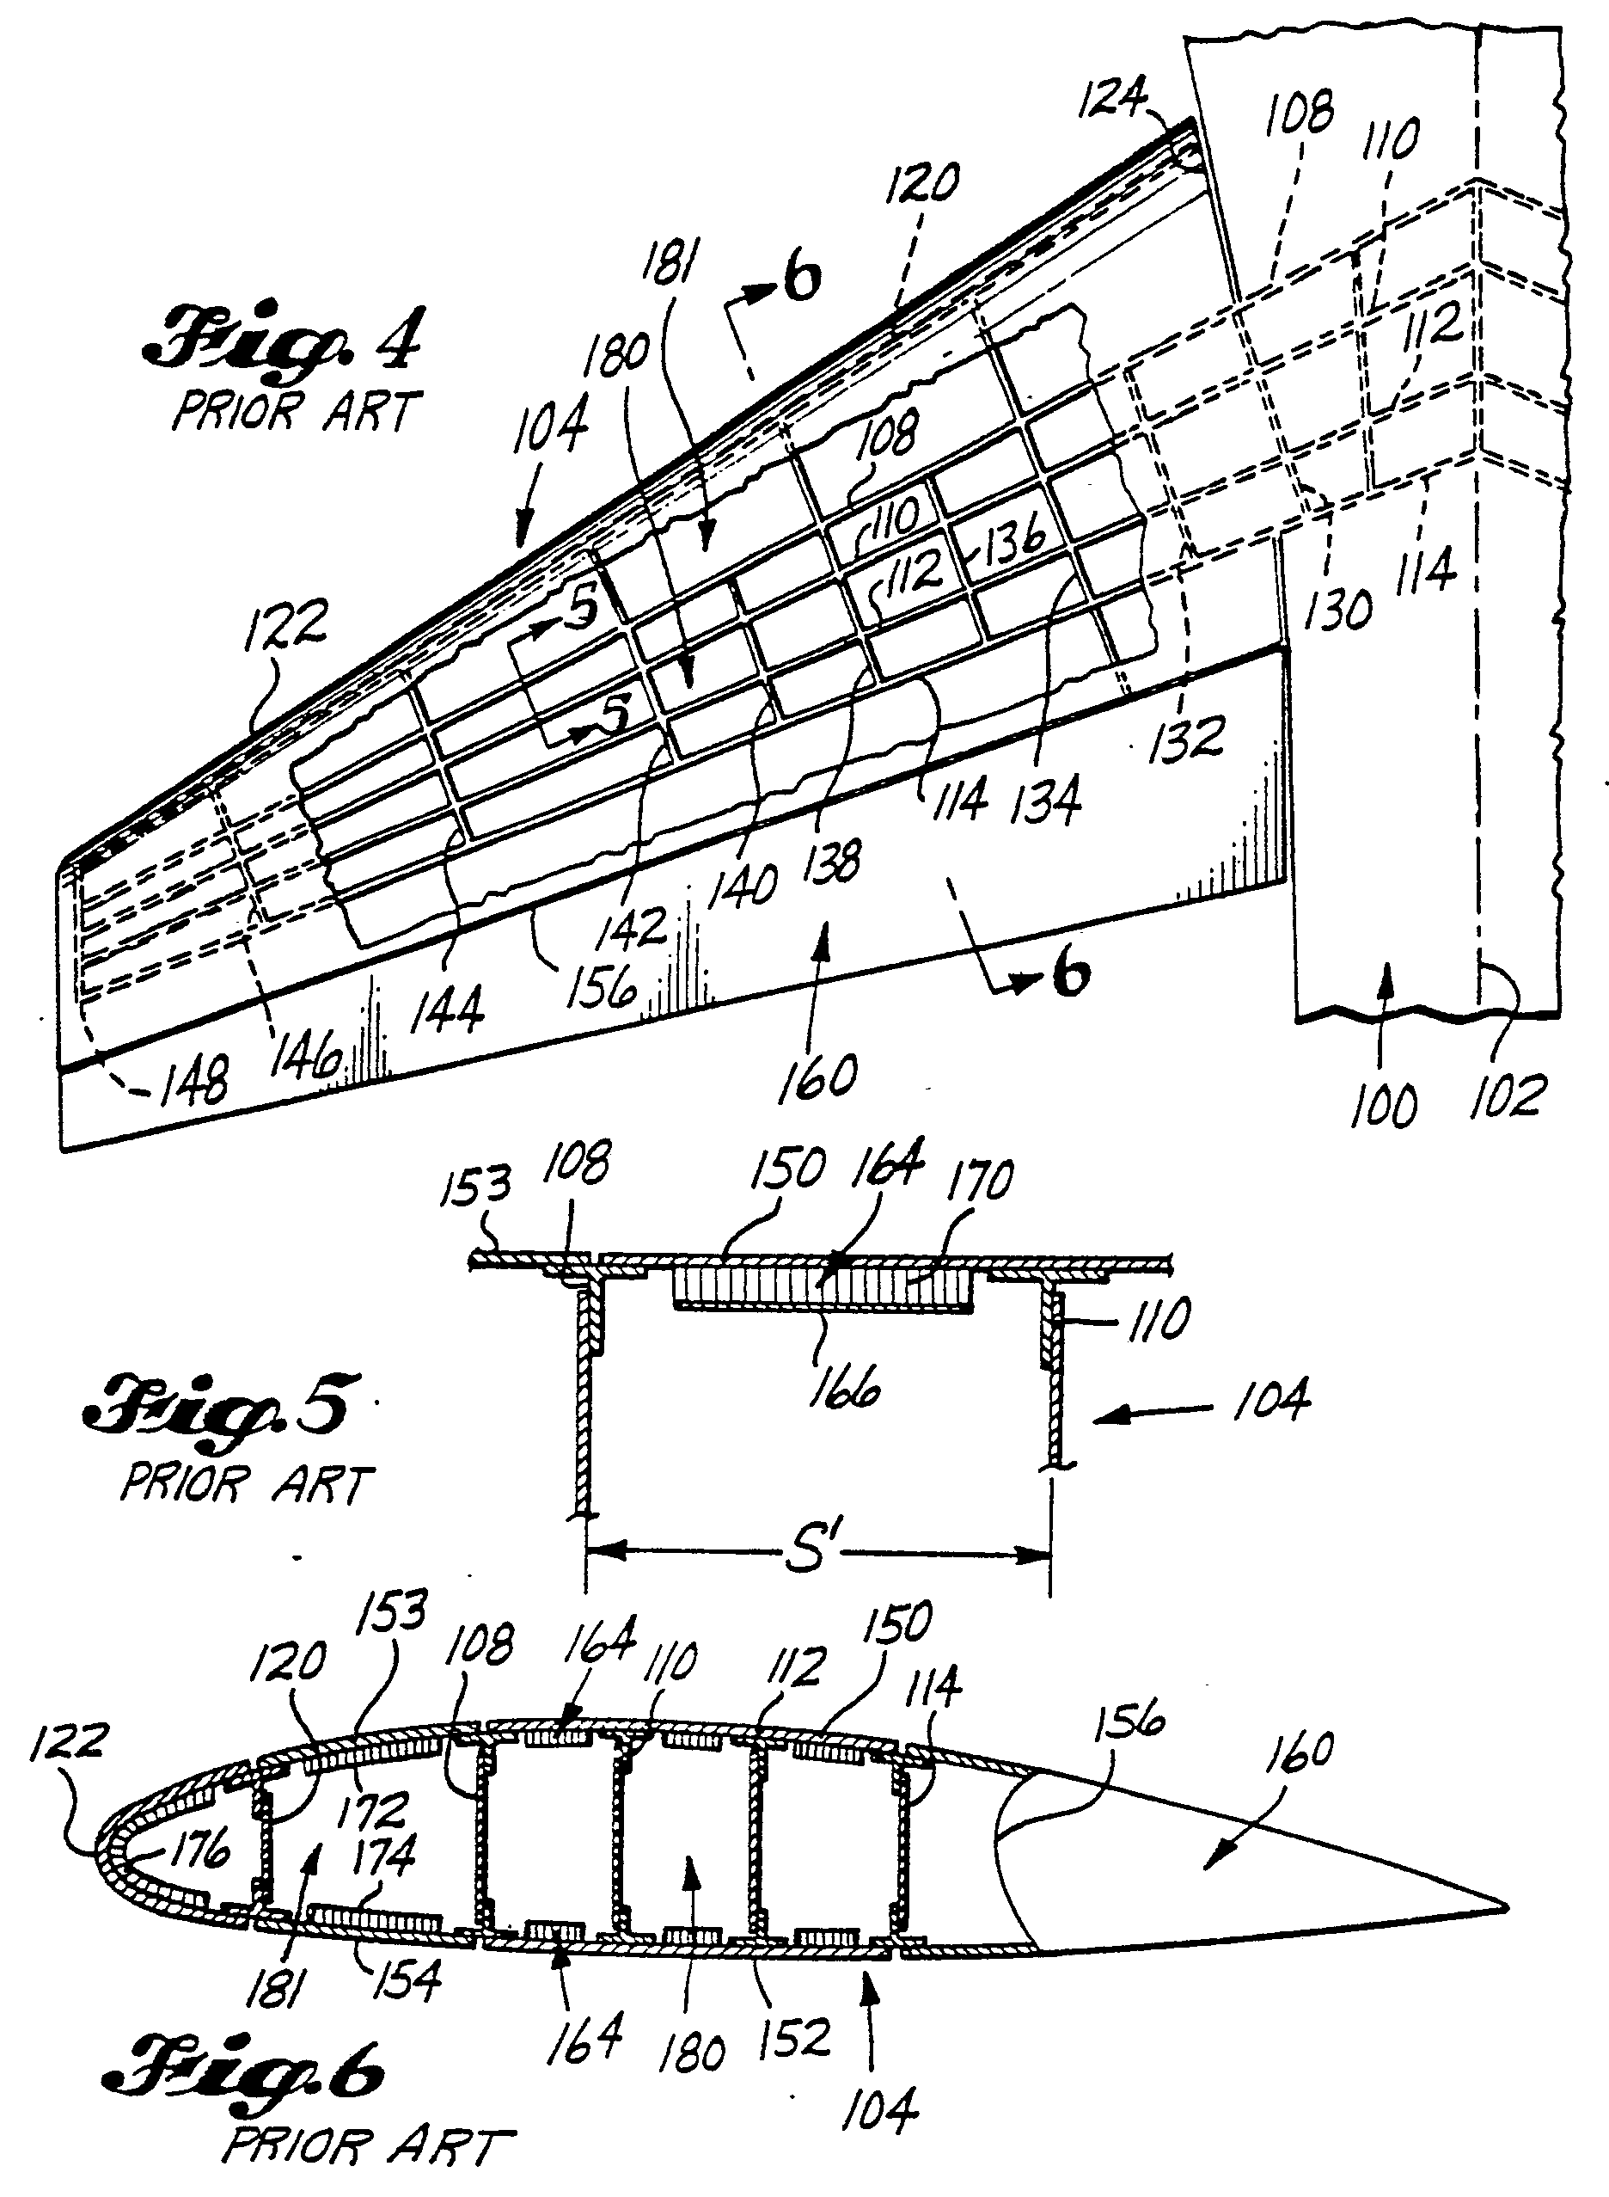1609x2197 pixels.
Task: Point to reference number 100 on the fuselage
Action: tap(1382, 1106)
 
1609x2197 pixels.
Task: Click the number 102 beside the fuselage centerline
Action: tap(1507, 1096)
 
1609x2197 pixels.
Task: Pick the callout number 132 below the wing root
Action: tap(1185, 738)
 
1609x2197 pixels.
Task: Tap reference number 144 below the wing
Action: tap(447, 1010)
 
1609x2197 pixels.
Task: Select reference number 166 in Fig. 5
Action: tap(843, 1384)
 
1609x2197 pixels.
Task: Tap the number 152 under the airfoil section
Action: tap(795, 2038)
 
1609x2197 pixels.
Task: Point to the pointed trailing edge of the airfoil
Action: tap(1506, 1906)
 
